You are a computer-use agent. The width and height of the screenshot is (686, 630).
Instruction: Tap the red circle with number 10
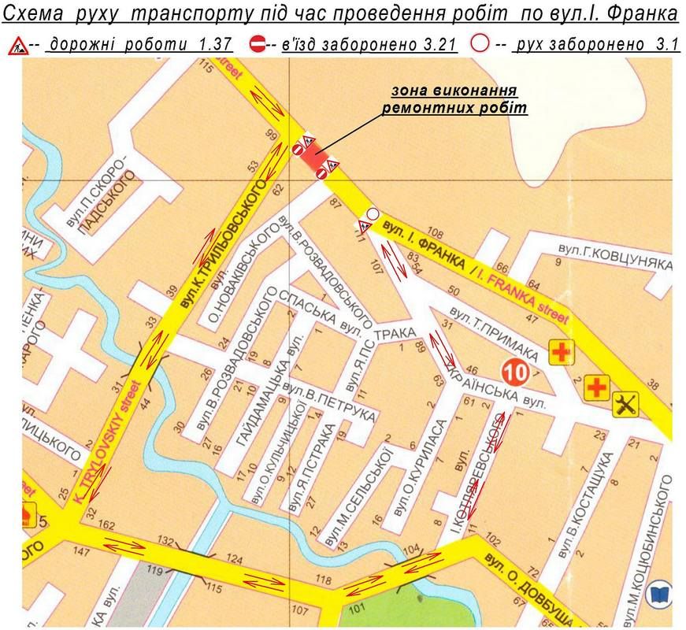coord(515,370)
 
